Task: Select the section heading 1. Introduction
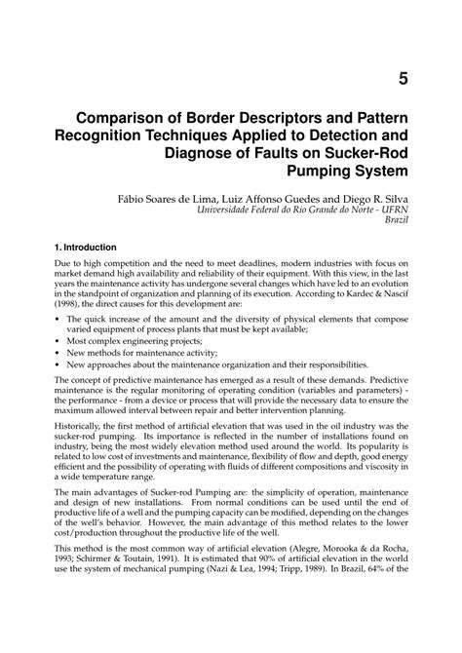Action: click(x=86, y=248)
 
